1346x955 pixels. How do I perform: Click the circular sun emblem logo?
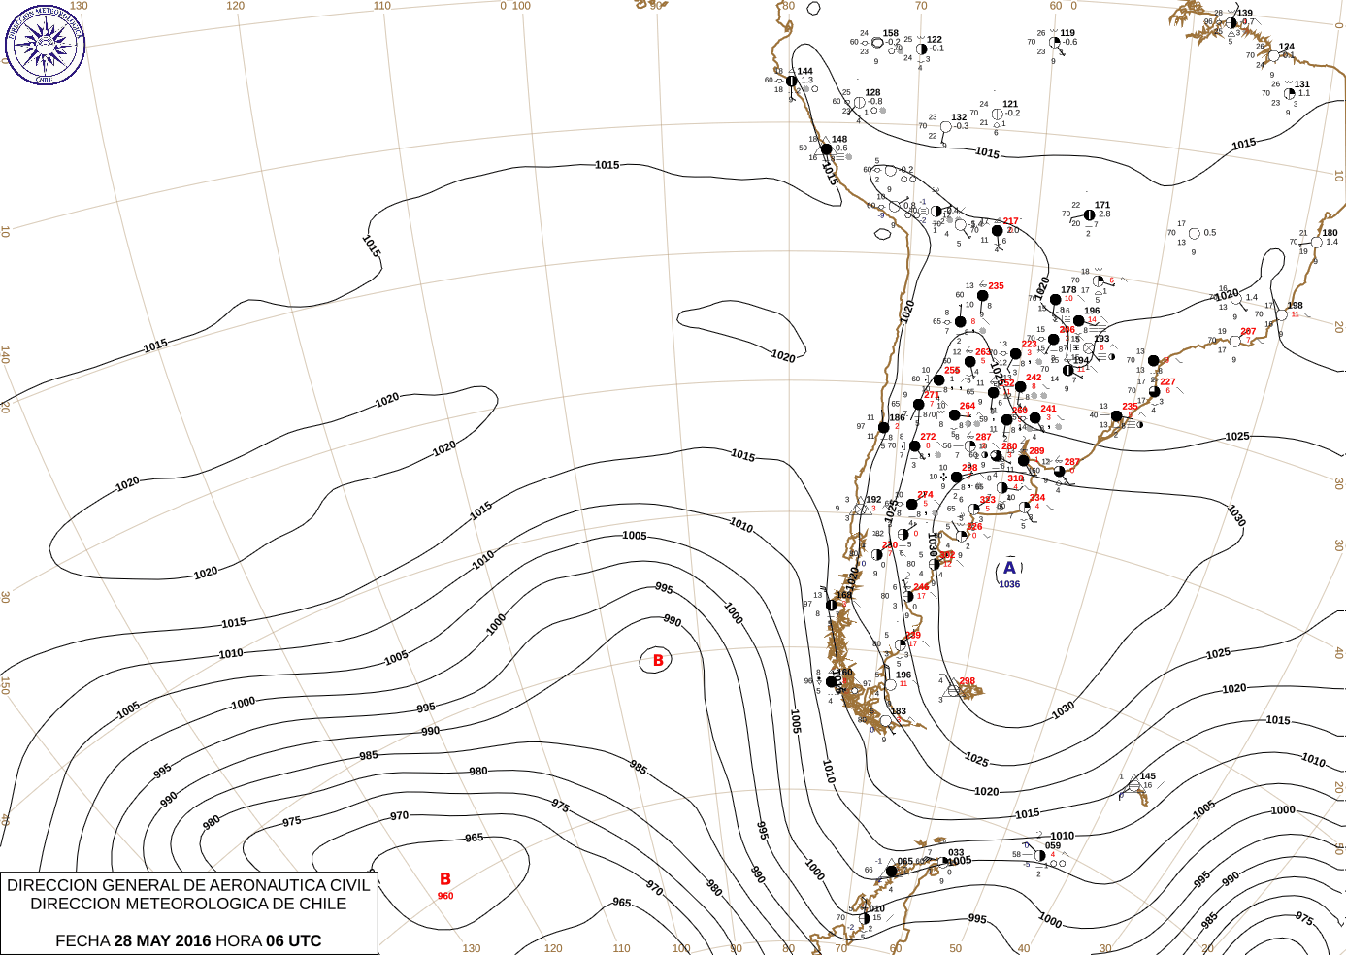[x=45, y=44]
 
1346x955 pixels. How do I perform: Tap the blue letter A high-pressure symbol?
[x=1009, y=568]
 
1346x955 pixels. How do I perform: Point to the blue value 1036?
[x=1009, y=584]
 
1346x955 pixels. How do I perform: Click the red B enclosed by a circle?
[x=657, y=661]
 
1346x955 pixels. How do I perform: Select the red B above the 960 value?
[x=444, y=879]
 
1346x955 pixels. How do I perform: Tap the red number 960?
[x=444, y=896]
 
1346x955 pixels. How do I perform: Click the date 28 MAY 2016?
[x=162, y=940]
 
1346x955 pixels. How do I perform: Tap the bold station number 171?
[x=1102, y=206]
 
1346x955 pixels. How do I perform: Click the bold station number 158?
[x=890, y=33]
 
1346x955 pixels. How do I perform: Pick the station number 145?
[x=1148, y=776]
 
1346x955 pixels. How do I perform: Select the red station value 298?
[x=967, y=681]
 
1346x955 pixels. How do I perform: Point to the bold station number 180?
[x=1330, y=233]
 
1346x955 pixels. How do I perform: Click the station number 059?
[x=1053, y=846]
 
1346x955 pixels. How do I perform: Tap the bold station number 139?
[x=1245, y=14]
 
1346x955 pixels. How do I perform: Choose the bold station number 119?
[x=1067, y=33]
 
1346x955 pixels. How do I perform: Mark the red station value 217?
[x=1011, y=221]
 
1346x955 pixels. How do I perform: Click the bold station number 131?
[x=1302, y=84]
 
